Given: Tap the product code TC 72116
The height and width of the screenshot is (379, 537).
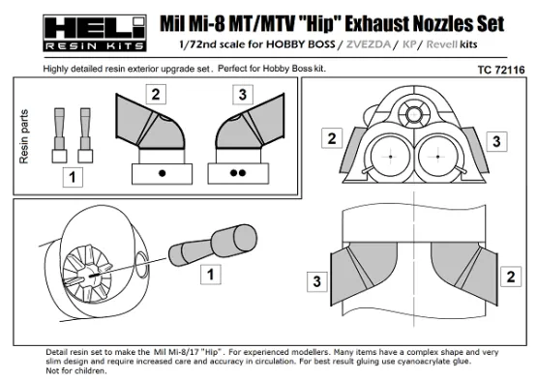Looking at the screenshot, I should click(499, 71).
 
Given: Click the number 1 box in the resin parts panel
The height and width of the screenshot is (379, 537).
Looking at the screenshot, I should click(70, 177).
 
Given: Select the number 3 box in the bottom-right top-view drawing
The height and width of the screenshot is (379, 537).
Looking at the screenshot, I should click(315, 281).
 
